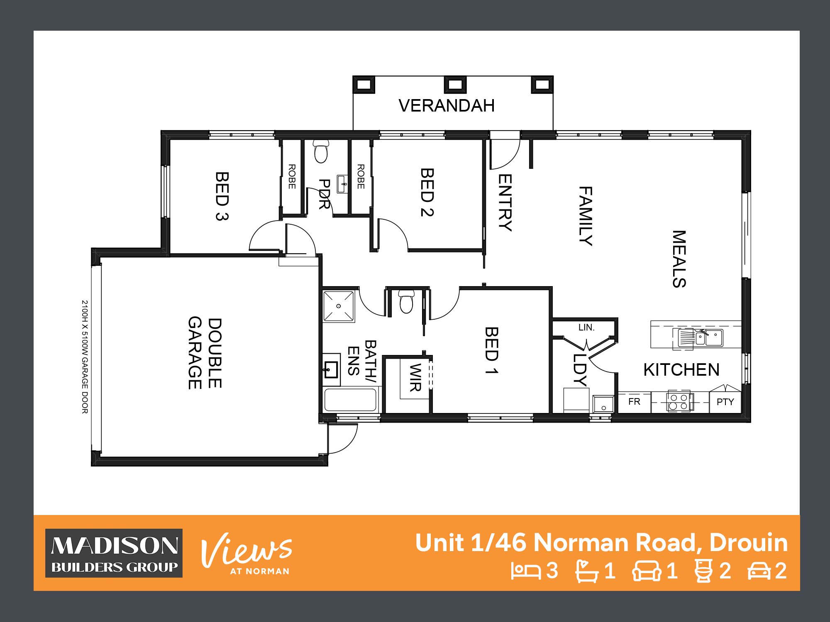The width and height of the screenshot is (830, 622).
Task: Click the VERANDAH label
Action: (447, 106)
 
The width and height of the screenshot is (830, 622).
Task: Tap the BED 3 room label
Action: (222, 196)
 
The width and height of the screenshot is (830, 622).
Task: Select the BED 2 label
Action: (427, 192)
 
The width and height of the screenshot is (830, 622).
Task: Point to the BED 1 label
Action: (492, 350)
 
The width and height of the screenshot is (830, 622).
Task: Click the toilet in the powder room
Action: (321, 151)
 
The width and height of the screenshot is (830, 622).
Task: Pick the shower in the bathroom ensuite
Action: (339, 306)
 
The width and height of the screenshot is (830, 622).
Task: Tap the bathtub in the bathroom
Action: (351, 400)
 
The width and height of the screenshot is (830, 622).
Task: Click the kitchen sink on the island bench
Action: (701, 338)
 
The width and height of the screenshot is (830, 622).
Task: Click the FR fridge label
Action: (634, 401)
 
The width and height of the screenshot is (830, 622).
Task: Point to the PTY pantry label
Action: (725, 402)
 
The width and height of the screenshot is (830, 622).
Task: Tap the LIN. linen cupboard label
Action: (586, 327)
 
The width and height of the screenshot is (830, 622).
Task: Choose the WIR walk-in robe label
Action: (415, 377)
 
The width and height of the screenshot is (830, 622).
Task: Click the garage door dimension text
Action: (85, 357)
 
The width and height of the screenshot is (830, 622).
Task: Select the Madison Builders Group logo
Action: (114, 553)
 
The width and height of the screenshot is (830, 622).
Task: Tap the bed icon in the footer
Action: (526, 571)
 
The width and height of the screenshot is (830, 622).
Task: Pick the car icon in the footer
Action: (759, 571)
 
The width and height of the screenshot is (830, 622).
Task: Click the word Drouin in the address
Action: (749, 542)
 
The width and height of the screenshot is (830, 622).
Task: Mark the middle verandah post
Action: (455, 85)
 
